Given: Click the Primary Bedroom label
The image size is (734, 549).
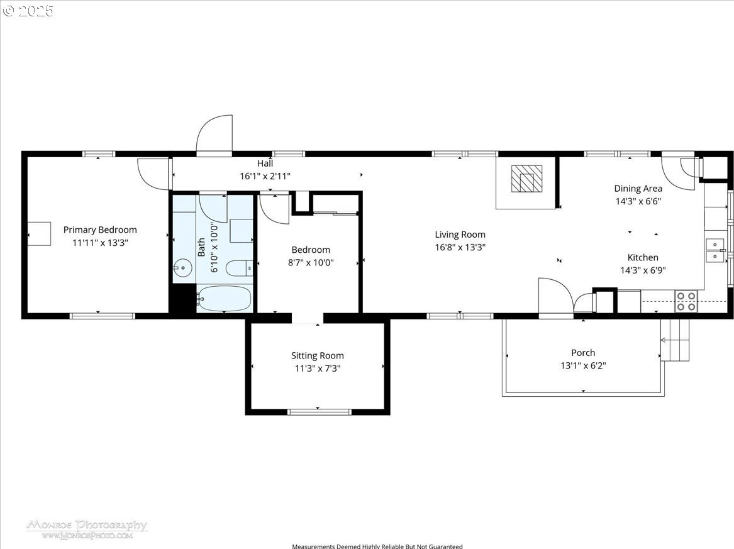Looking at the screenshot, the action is [100, 230].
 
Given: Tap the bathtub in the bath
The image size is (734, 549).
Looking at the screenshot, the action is [225, 298].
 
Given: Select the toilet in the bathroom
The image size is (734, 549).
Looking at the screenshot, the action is [239, 268].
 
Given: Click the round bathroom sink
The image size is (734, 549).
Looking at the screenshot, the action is [182, 268].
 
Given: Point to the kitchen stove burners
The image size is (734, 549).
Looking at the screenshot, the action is [686, 301].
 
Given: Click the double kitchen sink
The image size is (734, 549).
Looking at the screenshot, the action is [715, 250].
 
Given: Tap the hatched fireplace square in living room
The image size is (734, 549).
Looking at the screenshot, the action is [526, 179].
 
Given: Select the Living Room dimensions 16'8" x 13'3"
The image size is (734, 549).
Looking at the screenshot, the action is [460, 247].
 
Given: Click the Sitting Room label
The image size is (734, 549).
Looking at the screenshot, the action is [318, 356].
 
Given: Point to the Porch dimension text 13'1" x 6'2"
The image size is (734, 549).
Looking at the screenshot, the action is [583, 365].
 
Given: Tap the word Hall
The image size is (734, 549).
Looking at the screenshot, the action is [265, 164].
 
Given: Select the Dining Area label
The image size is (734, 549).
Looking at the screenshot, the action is [638, 189].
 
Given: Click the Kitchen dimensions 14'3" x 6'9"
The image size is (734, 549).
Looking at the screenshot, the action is [643, 270].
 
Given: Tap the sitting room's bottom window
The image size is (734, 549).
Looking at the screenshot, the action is [319, 412].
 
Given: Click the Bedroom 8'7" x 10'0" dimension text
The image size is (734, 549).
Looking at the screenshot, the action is [311, 263].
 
